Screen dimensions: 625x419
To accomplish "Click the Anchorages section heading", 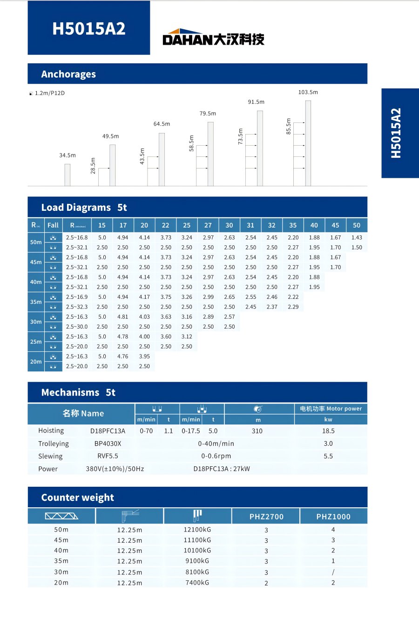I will [68, 74].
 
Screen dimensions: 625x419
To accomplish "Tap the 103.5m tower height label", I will [308, 92].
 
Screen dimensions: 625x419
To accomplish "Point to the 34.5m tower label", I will [67, 155].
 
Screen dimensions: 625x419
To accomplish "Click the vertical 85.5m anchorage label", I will [289, 127].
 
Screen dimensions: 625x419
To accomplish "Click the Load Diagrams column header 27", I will [208, 225].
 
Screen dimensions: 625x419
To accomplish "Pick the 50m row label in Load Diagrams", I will [36, 242].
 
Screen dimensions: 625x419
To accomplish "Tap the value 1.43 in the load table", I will [357, 237].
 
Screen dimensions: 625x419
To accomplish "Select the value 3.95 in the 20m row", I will [144, 356].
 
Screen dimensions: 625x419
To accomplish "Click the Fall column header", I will [53, 225].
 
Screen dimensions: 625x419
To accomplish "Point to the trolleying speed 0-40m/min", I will [216, 444].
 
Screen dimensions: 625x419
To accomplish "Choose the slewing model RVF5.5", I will [108, 456].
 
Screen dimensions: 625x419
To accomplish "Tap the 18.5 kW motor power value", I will [328, 431].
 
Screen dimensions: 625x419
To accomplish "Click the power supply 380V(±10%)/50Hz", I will [115, 469].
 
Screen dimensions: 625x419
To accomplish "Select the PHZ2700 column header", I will [266, 517].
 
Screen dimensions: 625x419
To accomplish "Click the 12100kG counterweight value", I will [197, 530].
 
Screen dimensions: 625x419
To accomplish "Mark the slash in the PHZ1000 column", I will [333, 572].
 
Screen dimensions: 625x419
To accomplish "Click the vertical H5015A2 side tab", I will [396, 133].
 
